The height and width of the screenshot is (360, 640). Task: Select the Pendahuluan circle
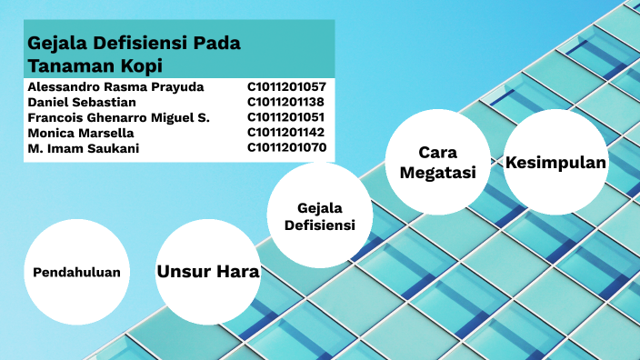point(76,273)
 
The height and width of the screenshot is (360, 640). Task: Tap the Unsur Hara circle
point(208,272)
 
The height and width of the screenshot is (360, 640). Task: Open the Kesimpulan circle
point(555,163)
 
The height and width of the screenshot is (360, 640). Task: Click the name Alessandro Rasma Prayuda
point(115,87)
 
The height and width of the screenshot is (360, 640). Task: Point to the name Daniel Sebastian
point(82,103)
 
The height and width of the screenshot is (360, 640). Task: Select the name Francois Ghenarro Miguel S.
point(118,118)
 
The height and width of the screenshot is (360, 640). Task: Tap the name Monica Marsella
point(81,133)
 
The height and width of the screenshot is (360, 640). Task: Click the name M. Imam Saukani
point(84,148)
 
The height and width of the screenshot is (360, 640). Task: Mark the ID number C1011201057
point(286,87)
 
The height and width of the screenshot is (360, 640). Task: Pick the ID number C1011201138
point(285,103)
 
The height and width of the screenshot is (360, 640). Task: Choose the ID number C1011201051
point(285,118)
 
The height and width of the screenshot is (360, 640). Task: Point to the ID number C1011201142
point(285,133)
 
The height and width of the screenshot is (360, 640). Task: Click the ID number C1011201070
point(286,148)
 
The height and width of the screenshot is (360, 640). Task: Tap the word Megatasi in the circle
point(439,173)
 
